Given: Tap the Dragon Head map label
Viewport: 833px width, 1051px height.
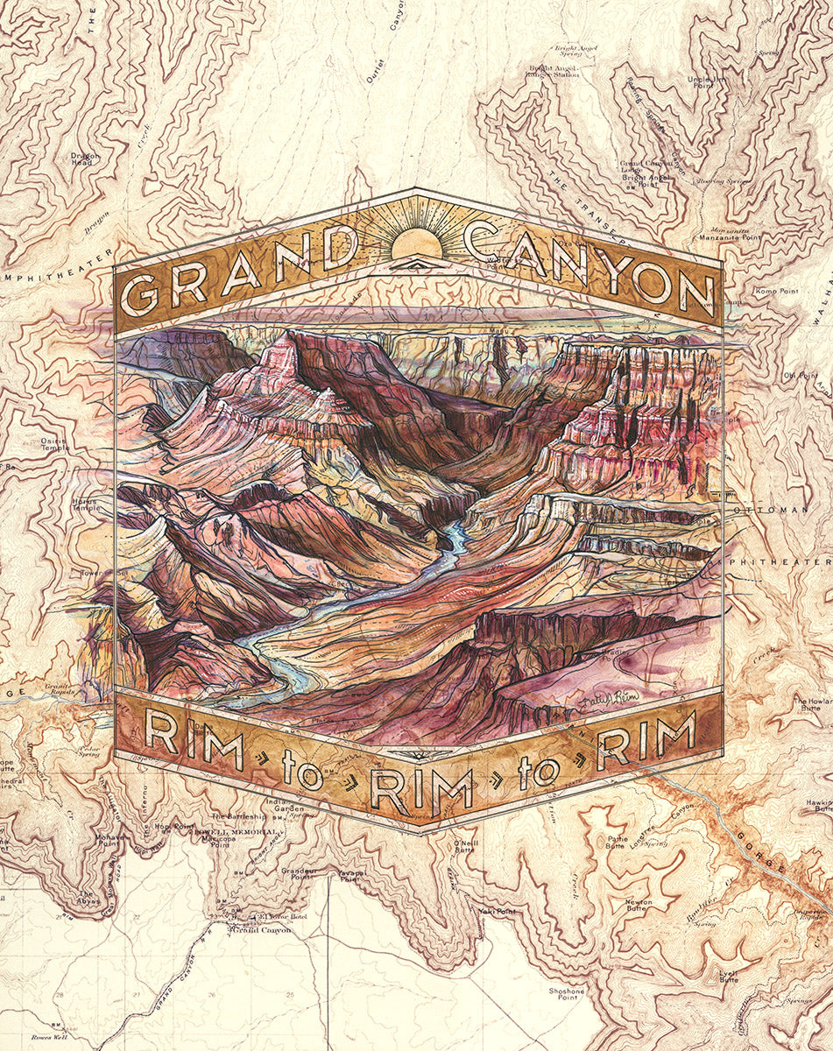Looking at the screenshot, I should (x=86, y=159).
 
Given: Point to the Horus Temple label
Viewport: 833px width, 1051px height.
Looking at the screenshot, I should (x=85, y=504).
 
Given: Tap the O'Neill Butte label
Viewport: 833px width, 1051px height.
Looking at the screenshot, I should (x=465, y=847).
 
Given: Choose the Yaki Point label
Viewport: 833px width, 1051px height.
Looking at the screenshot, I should (x=493, y=911).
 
